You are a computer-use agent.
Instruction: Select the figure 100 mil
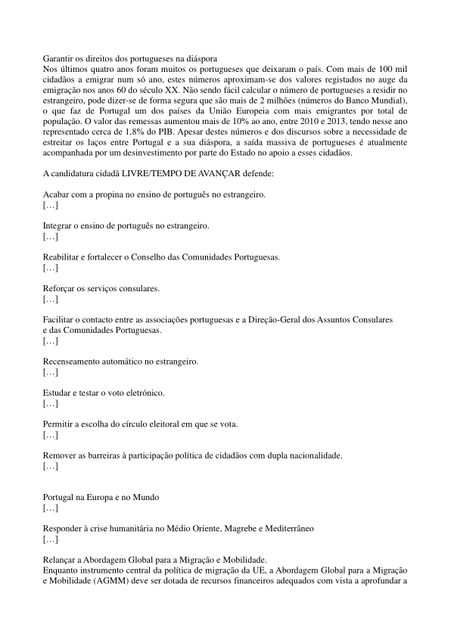tap(392, 68)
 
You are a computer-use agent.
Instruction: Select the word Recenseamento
tap(76, 362)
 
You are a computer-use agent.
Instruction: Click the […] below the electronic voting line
tap(51, 404)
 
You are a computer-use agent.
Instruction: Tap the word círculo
tap(125, 424)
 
